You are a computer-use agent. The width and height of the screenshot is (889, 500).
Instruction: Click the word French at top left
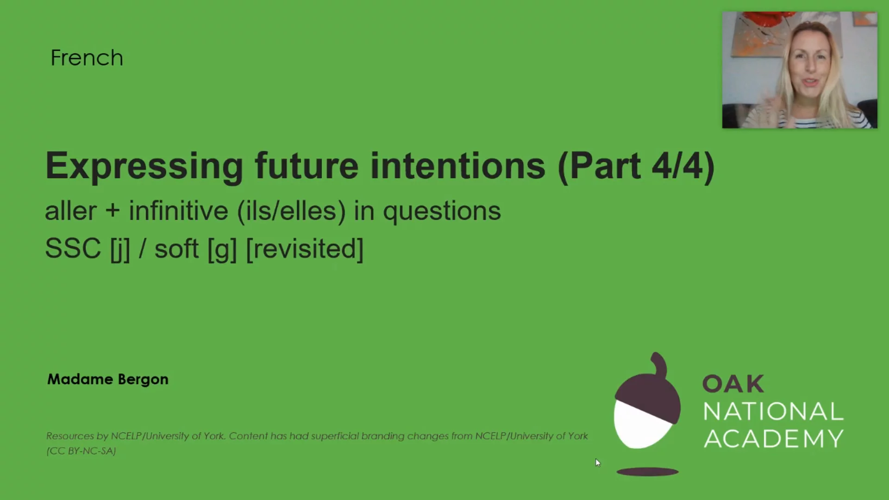[x=87, y=58]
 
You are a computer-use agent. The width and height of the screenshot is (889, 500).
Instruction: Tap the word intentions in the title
[x=457, y=166]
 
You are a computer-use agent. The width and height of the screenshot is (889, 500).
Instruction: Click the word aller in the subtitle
[x=70, y=211]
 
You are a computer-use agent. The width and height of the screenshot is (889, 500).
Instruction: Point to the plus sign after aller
[x=113, y=211]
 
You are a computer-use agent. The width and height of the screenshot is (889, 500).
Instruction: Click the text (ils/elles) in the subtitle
[x=291, y=211]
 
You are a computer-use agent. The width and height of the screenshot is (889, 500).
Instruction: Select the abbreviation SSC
[x=73, y=249]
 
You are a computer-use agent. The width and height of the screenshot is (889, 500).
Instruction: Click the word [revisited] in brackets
[x=305, y=249]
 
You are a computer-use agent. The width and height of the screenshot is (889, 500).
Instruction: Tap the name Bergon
[x=143, y=380]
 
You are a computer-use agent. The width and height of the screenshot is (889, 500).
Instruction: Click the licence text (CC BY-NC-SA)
[x=81, y=451]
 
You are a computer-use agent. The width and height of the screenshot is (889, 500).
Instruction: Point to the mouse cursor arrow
[x=597, y=462]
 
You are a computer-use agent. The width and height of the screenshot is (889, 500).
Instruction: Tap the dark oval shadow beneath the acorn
[x=647, y=472]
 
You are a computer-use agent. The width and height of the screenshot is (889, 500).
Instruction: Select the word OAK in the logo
[x=733, y=384]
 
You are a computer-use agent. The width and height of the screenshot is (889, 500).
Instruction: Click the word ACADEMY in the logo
[x=773, y=438]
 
